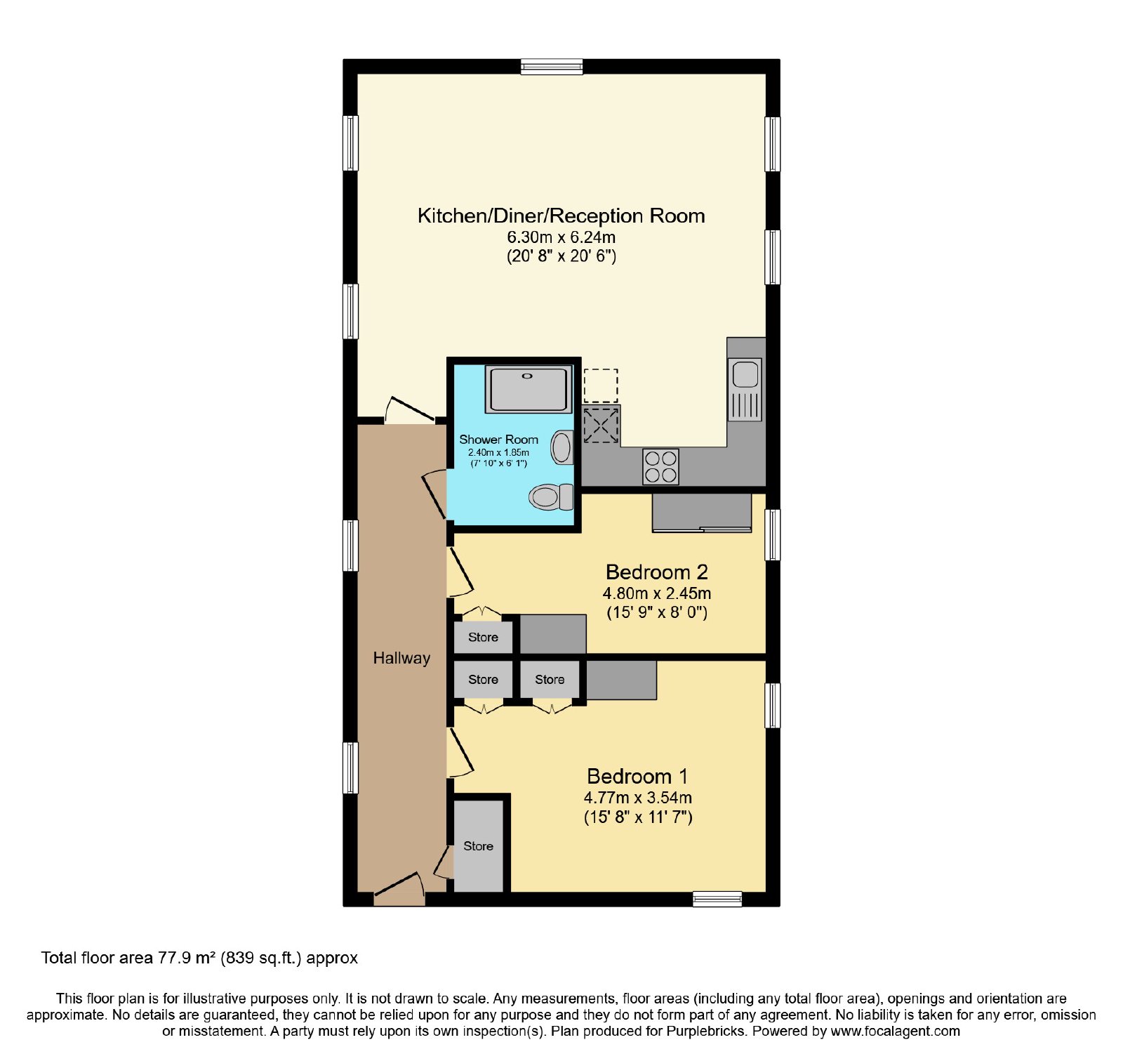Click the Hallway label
coord(401,658)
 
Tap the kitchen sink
coord(745,390)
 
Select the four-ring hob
coord(660,467)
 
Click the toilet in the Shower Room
coord(551,497)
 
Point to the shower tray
coord(529,388)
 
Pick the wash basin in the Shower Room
coord(562,448)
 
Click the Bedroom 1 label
coord(637,776)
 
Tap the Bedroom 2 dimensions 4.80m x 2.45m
coord(657,593)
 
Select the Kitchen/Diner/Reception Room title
coord(561,216)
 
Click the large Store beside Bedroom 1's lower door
coord(479,846)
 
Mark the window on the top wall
coord(552,67)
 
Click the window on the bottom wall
coord(717,899)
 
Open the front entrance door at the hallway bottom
coord(399,890)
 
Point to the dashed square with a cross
coord(602,425)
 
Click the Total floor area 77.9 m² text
coord(199,958)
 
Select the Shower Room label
coord(499,440)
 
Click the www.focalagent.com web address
coord(896,1032)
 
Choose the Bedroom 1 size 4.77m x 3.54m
coord(638,798)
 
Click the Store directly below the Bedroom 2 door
coord(484,638)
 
